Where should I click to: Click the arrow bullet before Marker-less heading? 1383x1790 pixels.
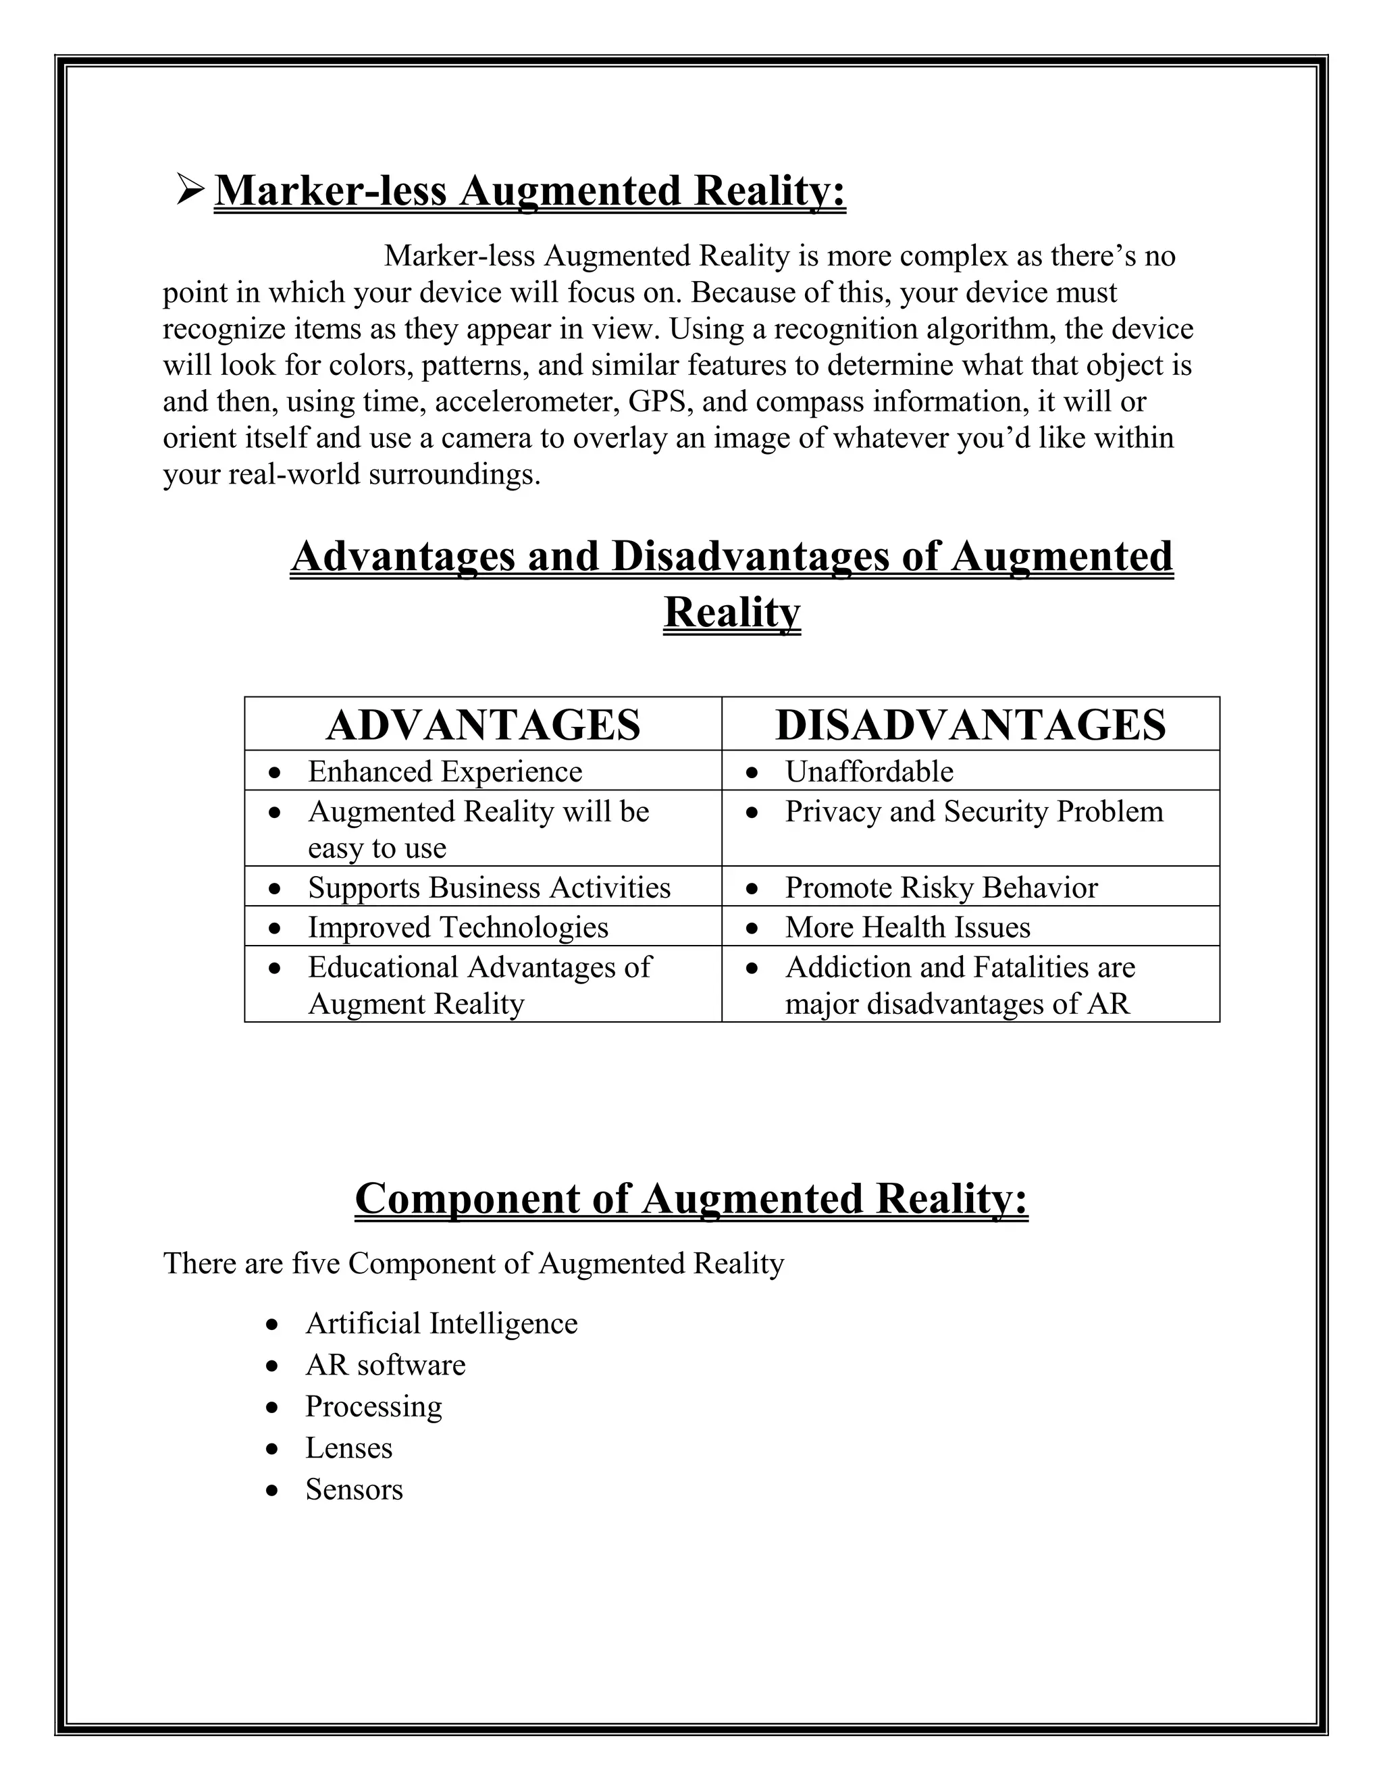(x=190, y=190)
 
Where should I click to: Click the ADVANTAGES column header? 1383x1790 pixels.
(x=483, y=725)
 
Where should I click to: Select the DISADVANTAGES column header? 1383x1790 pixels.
(x=970, y=725)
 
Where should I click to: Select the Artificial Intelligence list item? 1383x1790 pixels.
(x=441, y=1323)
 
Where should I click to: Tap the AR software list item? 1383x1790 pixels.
(x=385, y=1364)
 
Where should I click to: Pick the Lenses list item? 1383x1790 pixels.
(x=348, y=1448)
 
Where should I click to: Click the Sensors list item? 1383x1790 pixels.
(x=354, y=1489)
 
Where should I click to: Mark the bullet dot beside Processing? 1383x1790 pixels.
(x=273, y=1407)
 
